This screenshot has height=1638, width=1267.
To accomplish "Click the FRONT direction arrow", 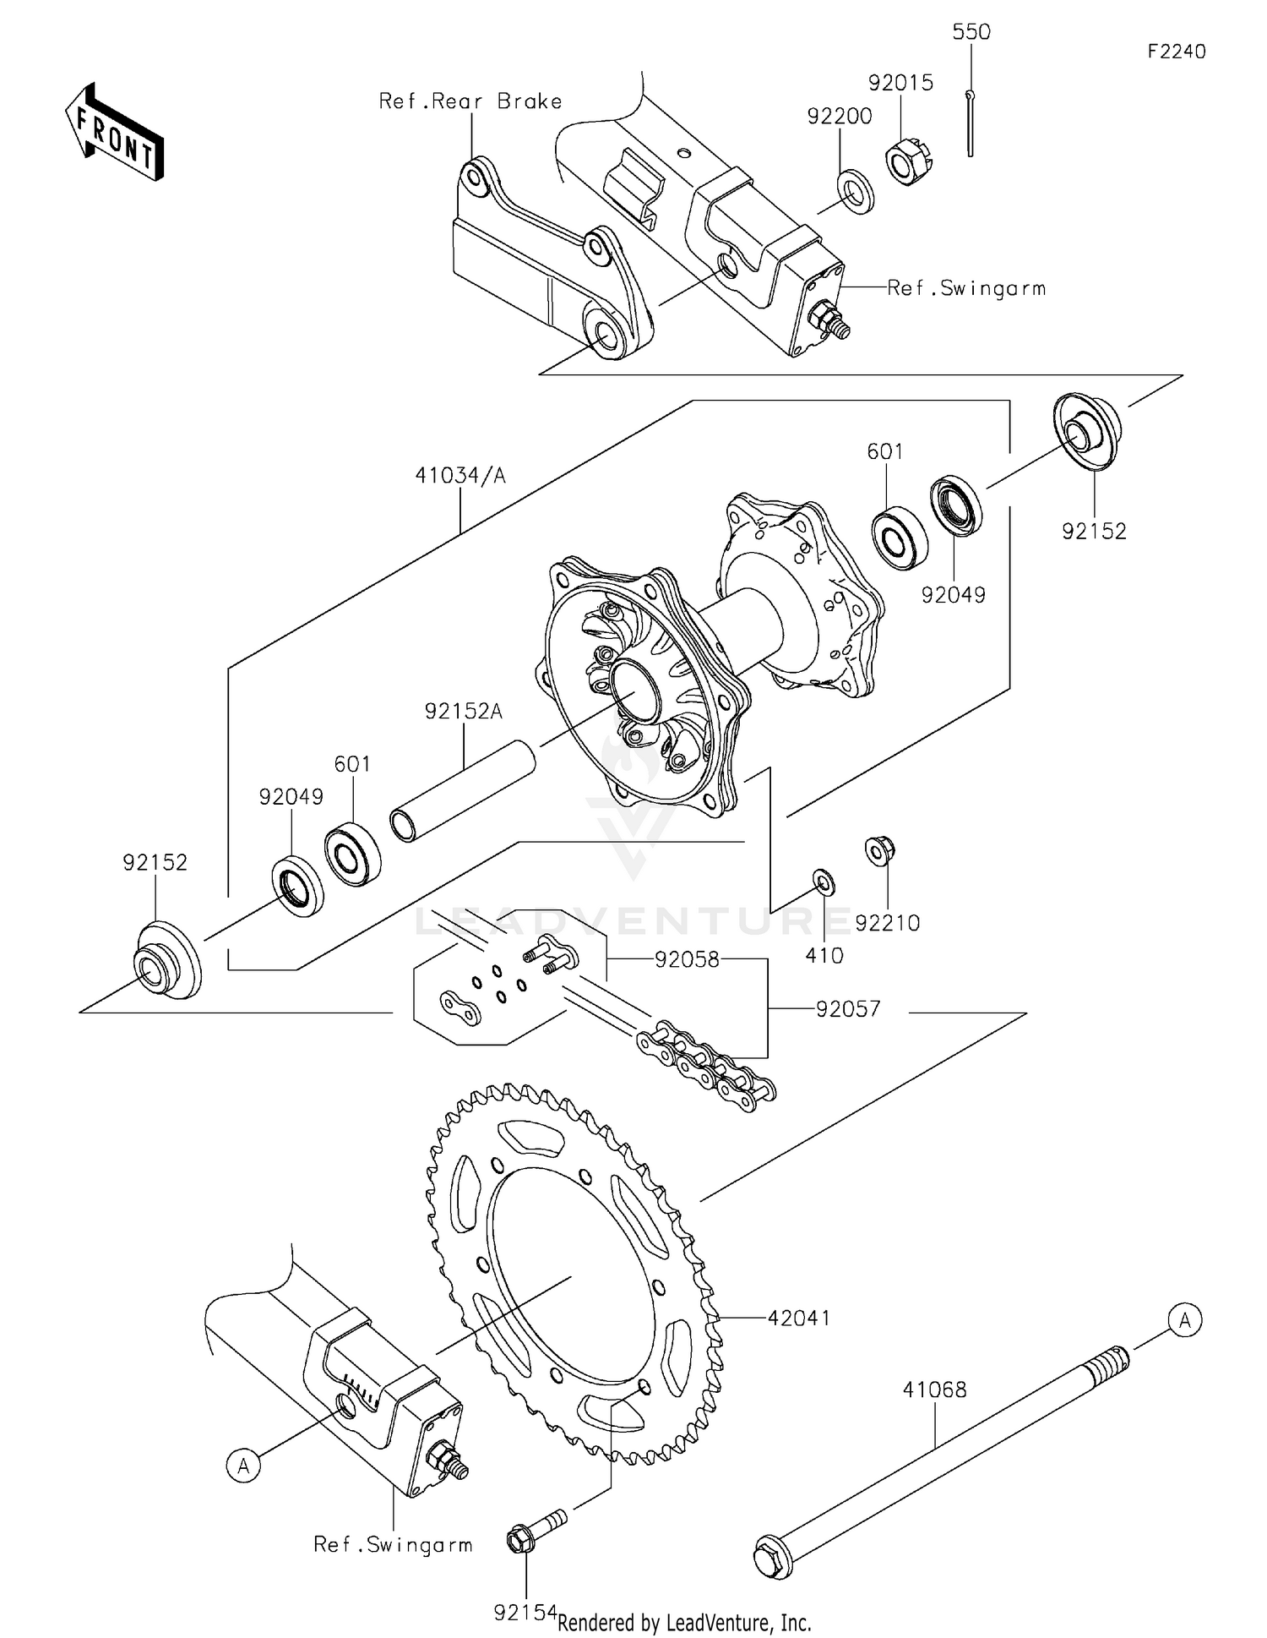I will [x=114, y=132].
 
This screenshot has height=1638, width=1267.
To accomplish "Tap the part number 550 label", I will [x=971, y=32].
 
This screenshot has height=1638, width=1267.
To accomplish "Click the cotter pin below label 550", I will [x=971, y=123].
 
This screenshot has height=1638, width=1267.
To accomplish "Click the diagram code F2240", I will [x=1176, y=52].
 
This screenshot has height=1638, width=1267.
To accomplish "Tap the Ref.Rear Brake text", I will [x=470, y=101].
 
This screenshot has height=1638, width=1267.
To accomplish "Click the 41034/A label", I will [x=460, y=476].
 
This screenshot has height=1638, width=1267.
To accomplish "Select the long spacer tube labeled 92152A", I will [x=463, y=789].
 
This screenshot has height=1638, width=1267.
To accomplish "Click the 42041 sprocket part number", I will [x=798, y=1318].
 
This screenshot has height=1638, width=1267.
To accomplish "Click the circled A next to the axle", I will [x=1184, y=1320].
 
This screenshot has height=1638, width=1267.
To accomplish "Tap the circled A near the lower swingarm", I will [x=244, y=1465].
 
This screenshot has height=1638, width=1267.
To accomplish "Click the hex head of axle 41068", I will [x=771, y=1557].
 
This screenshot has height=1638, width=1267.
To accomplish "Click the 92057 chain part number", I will [x=848, y=1009].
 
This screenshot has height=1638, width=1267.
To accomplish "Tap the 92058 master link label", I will [x=687, y=959].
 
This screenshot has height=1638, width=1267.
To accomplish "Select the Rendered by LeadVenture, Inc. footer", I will [x=684, y=1622].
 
